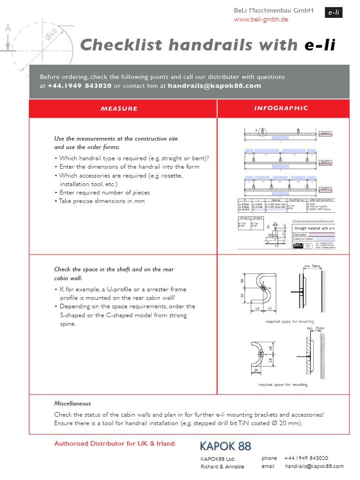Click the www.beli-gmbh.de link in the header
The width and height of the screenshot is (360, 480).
(x=261, y=19)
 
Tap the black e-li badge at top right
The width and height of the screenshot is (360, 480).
(x=333, y=13)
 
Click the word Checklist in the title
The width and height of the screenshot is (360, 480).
(x=121, y=45)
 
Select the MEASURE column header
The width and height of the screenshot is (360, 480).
(x=119, y=108)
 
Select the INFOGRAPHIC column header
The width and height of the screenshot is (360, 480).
(x=281, y=108)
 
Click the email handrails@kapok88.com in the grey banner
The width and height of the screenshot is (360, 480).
(x=214, y=86)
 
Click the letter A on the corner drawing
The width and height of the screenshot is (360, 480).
(x=7, y=29)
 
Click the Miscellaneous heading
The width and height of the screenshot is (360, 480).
(x=73, y=403)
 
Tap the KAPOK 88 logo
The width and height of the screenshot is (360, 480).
(x=225, y=446)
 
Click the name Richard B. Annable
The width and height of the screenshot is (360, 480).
(x=222, y=467)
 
